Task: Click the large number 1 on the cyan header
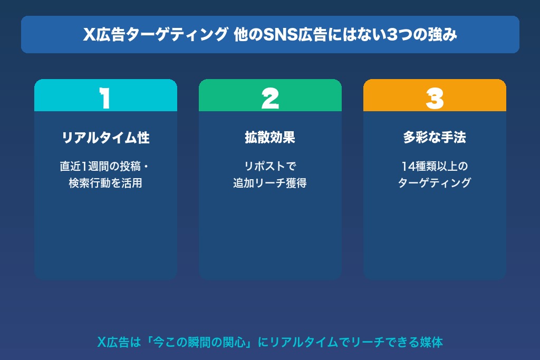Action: [x=105, y=98]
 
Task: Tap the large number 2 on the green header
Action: [x=270, y=98]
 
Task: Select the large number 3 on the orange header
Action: [x=435, y=98]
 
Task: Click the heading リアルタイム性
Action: [x=105, y=138]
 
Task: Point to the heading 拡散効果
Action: [x=270, y=138]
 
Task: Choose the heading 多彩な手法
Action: [x=435, y=138]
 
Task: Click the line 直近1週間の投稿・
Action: [x=105, y=167]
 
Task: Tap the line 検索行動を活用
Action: [x=105, y=183]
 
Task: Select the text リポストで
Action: [x=270, y=167]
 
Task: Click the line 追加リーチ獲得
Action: [x=270, y=183]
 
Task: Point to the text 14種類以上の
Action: [x=435, y=167]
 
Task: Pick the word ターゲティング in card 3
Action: [x=435, y=183]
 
